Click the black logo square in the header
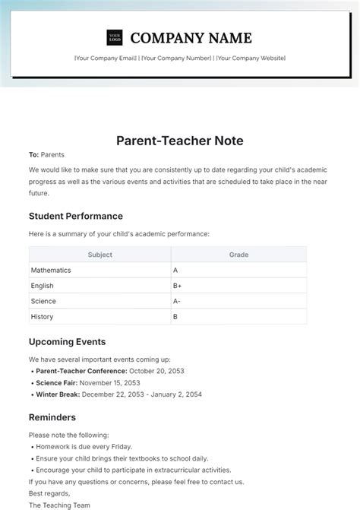click(115, 37)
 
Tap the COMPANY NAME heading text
click(191, 37)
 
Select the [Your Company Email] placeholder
click(106, 58)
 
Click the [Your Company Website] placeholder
click(251, 58)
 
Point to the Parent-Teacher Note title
click(180, 141)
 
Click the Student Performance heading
click(75, 216)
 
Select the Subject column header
click(99, 255)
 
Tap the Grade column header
click(238, 255)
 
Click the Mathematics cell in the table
click(51, 270)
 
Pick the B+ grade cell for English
click(178, 286)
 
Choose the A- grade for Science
click(177, 301)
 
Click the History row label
click(42, 316)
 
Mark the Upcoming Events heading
click(67, 342)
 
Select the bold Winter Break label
click(58, 394)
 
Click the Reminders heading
click(52, 417)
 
